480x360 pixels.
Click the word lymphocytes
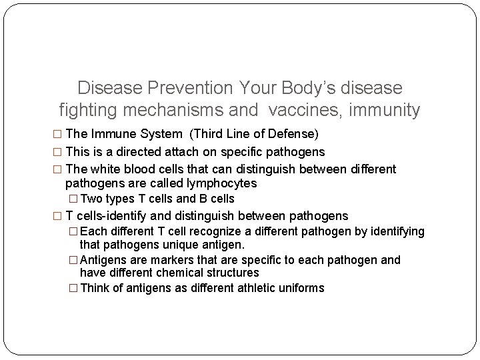click(x=221, y=183)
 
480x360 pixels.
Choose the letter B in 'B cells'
click(x=202, y=199)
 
